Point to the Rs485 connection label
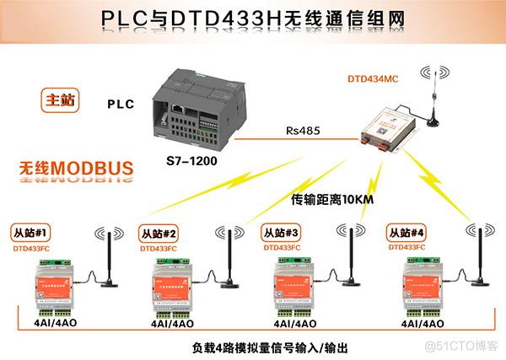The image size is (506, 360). pyautogui.click(x=300, y=132)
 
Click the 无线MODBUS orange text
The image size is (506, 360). pyautogui.click(x=77, y=169)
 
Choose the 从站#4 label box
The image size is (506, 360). pyautogui.click(x=405, y=233)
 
